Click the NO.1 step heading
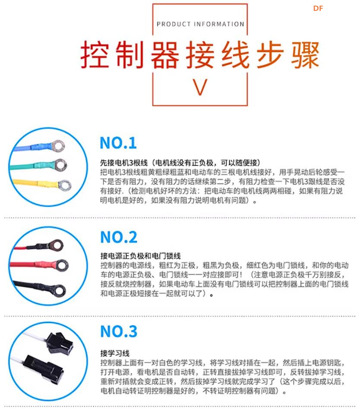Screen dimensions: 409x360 tap(118, 143)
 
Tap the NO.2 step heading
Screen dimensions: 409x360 tap(119, 237)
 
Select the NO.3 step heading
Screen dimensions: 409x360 tap(119, 331)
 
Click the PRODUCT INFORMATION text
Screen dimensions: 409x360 tap(200, 24)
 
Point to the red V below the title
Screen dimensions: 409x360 tap(200, 87)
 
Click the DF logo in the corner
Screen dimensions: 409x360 tap(318, 8)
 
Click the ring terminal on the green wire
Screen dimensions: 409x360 tap(60, 164)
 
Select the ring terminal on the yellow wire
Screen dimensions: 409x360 tap(64, 186)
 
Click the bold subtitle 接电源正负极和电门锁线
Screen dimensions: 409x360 tap(140, 256)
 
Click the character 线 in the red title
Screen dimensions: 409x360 tap(234, 55)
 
